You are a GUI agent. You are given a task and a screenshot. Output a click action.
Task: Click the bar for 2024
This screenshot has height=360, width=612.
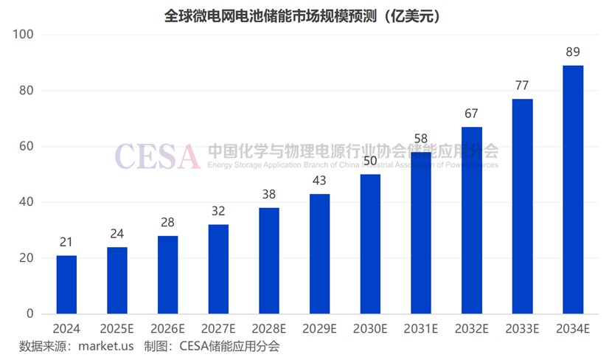click(x=66, y=284)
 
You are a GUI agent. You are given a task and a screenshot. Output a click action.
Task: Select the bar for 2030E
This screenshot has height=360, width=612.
click(x=370, y=243)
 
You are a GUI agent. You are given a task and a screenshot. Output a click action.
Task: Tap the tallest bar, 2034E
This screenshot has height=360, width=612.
click(x=573, y=190)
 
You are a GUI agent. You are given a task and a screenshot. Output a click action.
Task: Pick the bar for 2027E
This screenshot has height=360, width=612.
click(x=218, y=269)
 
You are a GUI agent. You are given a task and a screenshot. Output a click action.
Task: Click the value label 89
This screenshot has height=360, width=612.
click(x=573, y=52)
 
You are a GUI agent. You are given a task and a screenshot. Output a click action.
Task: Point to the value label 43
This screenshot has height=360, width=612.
click(x=319, y=181)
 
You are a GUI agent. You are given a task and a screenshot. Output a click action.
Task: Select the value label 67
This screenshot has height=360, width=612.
click(x=472, y=114)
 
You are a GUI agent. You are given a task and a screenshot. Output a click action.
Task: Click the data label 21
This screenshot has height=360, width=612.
click(x=66, y=242)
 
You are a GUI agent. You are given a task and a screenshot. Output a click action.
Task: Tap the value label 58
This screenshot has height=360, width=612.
click(x=421, y=139)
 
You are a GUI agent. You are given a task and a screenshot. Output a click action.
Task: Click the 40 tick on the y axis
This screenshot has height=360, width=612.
click(x=26, y=202)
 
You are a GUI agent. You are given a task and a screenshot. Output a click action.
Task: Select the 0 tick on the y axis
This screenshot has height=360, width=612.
click(x=29, y=314)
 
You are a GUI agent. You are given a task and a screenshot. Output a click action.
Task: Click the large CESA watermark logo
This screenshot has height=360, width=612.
click(x=157, y=156)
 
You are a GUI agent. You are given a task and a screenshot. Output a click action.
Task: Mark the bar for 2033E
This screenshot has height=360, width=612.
click(x=522, y=206)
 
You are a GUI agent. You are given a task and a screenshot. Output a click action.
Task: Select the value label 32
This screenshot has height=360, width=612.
click(x=218, y=211)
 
